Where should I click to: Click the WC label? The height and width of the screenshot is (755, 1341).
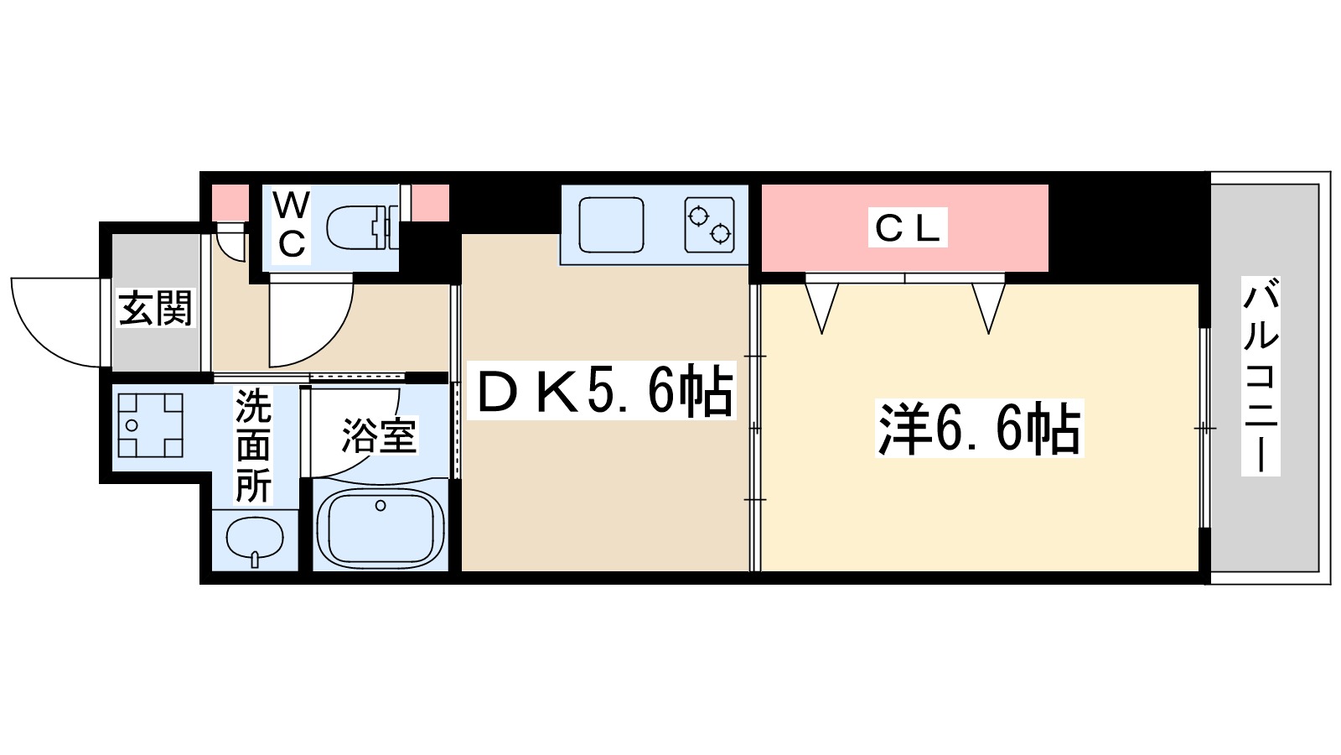(x=291, y=224)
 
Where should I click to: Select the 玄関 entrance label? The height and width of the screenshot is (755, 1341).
(x=156, y=309)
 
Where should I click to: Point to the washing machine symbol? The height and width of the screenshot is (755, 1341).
(x=150, y=425)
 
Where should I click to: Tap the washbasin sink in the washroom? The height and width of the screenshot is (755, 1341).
(x=255, y=539)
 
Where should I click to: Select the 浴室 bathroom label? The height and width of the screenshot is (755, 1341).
(x=378, y=435)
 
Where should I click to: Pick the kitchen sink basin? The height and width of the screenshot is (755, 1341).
(x=612, y=225)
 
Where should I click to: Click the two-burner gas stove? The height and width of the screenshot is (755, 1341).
(x=709, y=225)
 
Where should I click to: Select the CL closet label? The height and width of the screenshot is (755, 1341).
(x=907, y=227)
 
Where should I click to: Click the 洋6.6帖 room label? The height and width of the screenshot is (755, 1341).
(x=980, y=429)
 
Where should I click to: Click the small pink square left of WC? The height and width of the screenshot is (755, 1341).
(x=229, y=202)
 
